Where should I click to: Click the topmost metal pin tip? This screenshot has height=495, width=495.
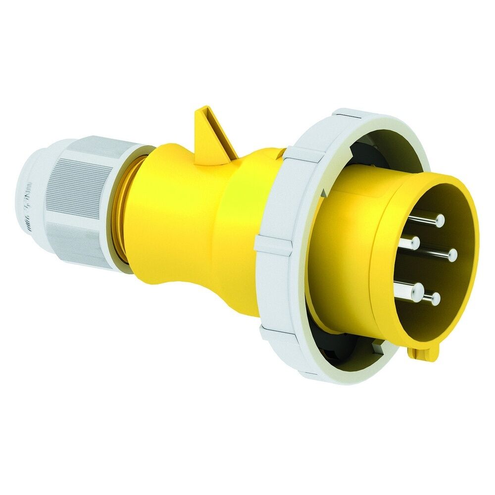(x=440, y=220)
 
